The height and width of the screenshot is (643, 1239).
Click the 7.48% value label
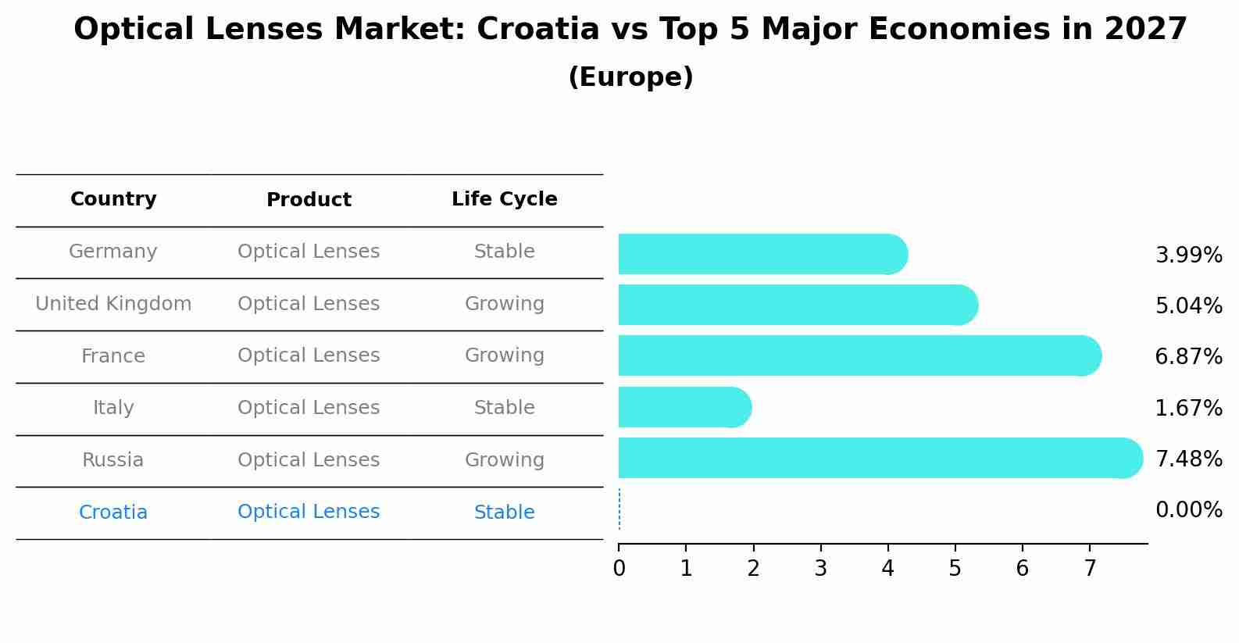pos(1188,459)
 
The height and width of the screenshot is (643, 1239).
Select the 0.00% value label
pos(1188,510)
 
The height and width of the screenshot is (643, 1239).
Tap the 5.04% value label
pos(1188,305)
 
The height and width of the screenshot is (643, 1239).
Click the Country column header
pos(113,199)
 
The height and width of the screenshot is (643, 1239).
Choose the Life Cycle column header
pos(504,199)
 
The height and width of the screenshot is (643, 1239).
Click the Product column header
pos(309,200)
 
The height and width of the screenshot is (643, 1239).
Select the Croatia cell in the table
pos(113,513)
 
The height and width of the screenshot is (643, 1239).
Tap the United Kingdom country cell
pos(113,304)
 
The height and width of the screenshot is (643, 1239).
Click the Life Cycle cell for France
pos(504,355)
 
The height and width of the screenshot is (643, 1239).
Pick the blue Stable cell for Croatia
pos(504,513)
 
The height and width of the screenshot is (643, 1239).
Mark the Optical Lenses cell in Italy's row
pos(309,408)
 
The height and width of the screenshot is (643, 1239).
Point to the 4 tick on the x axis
pos(887,569)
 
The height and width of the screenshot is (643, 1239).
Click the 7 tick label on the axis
pos(1089,569)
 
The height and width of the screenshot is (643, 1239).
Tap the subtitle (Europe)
pos(630,77)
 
